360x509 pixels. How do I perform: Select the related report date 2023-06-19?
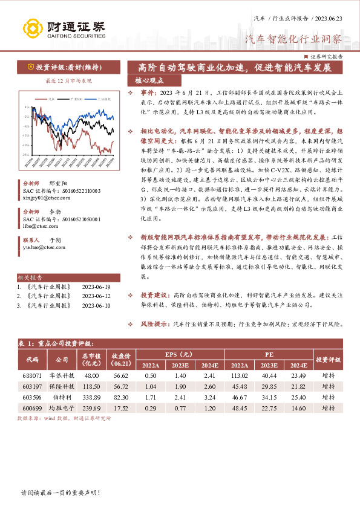(96, 287)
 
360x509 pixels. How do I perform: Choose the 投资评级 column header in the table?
(329, 359)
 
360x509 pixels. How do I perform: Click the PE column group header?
(269, 354)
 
